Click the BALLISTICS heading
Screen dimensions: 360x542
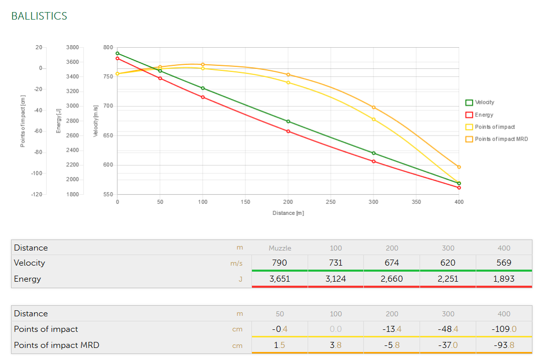39,16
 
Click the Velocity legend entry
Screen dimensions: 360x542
484,102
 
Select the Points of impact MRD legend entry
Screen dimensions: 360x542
501,139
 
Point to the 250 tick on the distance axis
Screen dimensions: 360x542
331,202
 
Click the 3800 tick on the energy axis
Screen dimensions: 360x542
72,47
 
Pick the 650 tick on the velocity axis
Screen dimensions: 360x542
108,136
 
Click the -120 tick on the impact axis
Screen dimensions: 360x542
36,194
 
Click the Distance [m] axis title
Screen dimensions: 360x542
288,213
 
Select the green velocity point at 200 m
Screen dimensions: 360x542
288,122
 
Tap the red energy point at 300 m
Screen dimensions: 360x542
374,162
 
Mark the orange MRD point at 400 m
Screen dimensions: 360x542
459,167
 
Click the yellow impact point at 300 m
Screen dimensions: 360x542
374,119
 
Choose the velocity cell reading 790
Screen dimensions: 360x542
280,263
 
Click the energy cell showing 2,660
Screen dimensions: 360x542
391,279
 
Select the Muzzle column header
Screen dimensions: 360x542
280,248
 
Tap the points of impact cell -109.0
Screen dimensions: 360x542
504,329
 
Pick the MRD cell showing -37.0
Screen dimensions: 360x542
448,345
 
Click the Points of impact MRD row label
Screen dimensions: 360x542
56,345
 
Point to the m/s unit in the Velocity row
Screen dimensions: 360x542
236,263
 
